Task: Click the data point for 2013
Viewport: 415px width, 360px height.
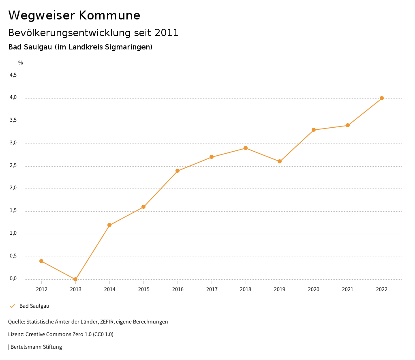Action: [75, 279]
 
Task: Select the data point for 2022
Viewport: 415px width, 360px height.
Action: [382, 98]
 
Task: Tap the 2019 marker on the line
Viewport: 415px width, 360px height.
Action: [280, 161]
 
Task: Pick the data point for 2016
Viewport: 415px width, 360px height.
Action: [178, 171]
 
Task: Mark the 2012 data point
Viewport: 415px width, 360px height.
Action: [41, 261]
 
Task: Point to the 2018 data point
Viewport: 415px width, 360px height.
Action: [246, 148]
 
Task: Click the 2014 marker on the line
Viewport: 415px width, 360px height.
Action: [109, 225]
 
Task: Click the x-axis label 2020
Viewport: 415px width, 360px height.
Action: [314, 289]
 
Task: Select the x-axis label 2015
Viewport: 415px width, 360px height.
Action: [143, 289]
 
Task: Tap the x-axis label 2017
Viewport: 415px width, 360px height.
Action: [212, 289]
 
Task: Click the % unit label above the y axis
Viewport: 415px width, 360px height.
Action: [21, 63]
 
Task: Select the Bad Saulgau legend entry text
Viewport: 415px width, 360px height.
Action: [34, 306]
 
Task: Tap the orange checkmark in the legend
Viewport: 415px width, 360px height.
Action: [12, 306]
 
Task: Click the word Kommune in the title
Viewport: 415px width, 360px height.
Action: [110, 15]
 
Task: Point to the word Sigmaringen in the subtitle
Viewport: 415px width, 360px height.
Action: [128, 47]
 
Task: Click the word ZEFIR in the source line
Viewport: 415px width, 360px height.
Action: [107, 322]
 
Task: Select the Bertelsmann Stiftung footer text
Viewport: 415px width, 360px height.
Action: [36, 347]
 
